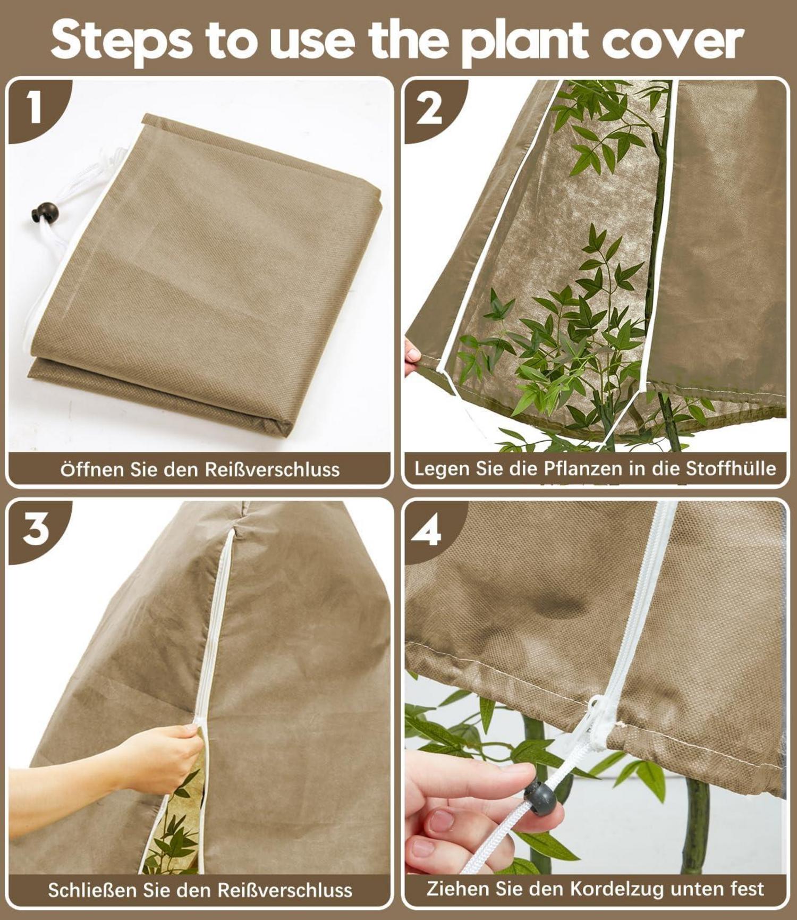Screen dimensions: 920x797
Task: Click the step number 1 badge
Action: pyautogui.click(x=34, y=108)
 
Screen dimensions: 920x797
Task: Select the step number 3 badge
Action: pyautogui.click(x=35, y=529)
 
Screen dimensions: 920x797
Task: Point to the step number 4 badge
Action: pyautogui.click(x=427, y=530)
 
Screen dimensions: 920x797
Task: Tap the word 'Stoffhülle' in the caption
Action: pyautogui.click(x=731, y=468)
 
